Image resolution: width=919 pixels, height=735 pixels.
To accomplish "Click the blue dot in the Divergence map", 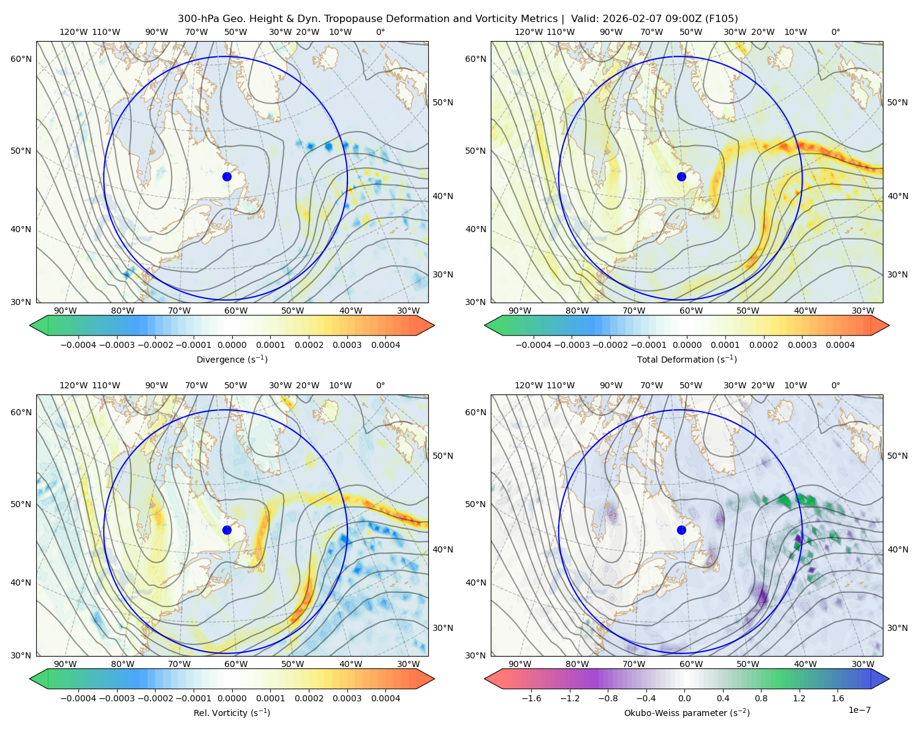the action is pos(227,177).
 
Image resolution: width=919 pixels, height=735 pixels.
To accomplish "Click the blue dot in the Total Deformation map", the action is pos(681,177).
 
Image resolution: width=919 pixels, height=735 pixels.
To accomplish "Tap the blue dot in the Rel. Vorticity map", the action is pos(227,530).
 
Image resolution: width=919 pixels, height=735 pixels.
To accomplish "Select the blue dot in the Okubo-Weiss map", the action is pos(681,530).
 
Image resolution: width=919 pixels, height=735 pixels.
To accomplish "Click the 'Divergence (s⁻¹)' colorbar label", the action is pos(232,359).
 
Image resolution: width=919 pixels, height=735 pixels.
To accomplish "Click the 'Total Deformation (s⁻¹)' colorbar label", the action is pos(687,359).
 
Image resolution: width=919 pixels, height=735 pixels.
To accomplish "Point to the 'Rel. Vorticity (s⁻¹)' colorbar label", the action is pos(232,712).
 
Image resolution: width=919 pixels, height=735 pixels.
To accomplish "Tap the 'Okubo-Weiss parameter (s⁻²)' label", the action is pos(687,712).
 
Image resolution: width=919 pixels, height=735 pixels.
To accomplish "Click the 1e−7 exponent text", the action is pos(859,710).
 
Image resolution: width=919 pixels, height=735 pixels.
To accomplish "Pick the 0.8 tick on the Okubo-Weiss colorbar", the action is pos(761,698).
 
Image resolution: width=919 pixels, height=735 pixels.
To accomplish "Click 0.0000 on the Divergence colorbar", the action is pos(232,345).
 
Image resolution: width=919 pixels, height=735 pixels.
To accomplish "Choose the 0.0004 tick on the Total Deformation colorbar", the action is pos(841,345).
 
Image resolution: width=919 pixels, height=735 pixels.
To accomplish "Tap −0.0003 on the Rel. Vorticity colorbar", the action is pos(116,698).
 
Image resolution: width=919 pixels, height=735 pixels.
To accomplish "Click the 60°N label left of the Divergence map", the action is pos(21,59).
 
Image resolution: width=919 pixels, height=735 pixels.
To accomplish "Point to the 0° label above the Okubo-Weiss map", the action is pos(835,385).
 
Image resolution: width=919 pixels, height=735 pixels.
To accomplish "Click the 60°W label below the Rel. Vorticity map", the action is pos(236,664).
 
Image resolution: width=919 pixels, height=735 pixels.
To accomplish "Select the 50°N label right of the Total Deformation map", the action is pos(897,102).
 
